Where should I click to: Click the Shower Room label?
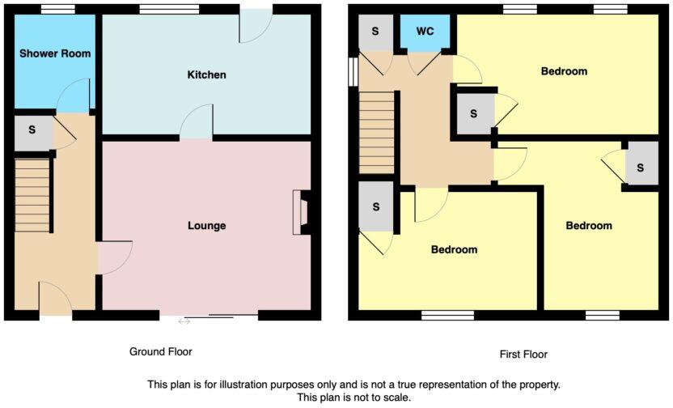[55, 53]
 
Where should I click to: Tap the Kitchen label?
[206, 74]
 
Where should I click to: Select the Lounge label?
[206, 225]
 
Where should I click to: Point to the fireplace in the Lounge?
[303, 212]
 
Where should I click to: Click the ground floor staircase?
[33, 195]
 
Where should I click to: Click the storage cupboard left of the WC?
[375, 32]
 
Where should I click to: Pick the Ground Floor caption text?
[161, 351]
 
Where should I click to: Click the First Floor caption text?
[524, 354]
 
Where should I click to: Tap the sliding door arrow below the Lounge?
[184, 321]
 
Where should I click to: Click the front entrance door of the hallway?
[55, 300]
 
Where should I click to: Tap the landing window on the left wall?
[353, 70]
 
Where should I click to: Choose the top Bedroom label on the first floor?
[564, 71]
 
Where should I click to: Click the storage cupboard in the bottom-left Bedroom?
[376, 206]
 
